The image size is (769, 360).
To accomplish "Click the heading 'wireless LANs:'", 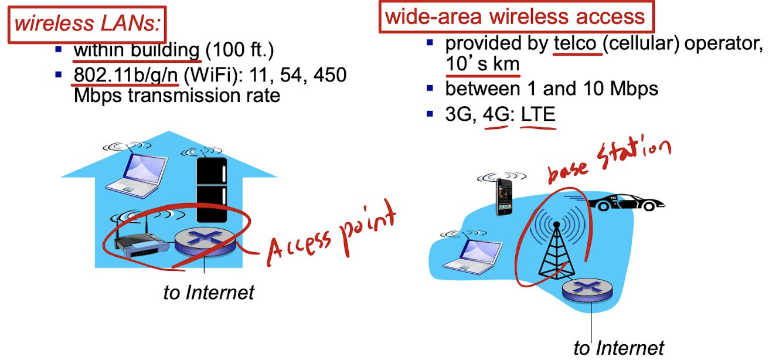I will coord(88,24).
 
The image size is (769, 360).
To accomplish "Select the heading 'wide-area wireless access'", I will coord(516,16).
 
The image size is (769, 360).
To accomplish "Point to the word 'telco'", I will coord(577,43).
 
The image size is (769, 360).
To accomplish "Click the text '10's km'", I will coord(482,64).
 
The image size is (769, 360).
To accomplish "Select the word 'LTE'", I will coord(538,113).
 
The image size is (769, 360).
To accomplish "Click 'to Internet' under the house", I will coord(209,292).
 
